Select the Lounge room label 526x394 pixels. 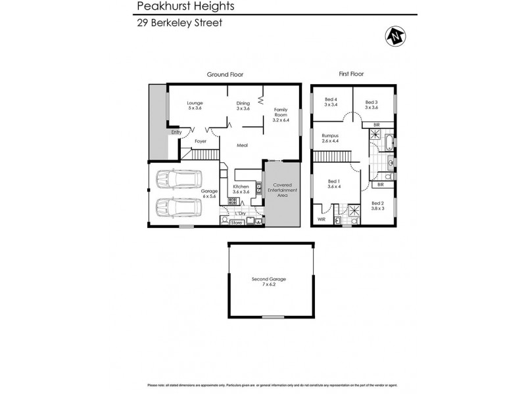tap(195, 105)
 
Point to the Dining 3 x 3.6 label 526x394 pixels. tap(243, 105)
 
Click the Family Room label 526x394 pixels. tap(281, 115)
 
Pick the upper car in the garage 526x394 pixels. tap(177, 180)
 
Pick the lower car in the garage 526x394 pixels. tap(177, 209)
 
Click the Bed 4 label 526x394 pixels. tap(331, 102)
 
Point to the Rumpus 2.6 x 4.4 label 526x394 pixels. tap(331, 139)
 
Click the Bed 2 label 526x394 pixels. tap(377, 206)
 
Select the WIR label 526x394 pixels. tap(322, 220)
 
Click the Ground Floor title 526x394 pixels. tap(226, 75)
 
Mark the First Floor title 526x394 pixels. tap(352, 75)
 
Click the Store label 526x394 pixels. tap(237, 223)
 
